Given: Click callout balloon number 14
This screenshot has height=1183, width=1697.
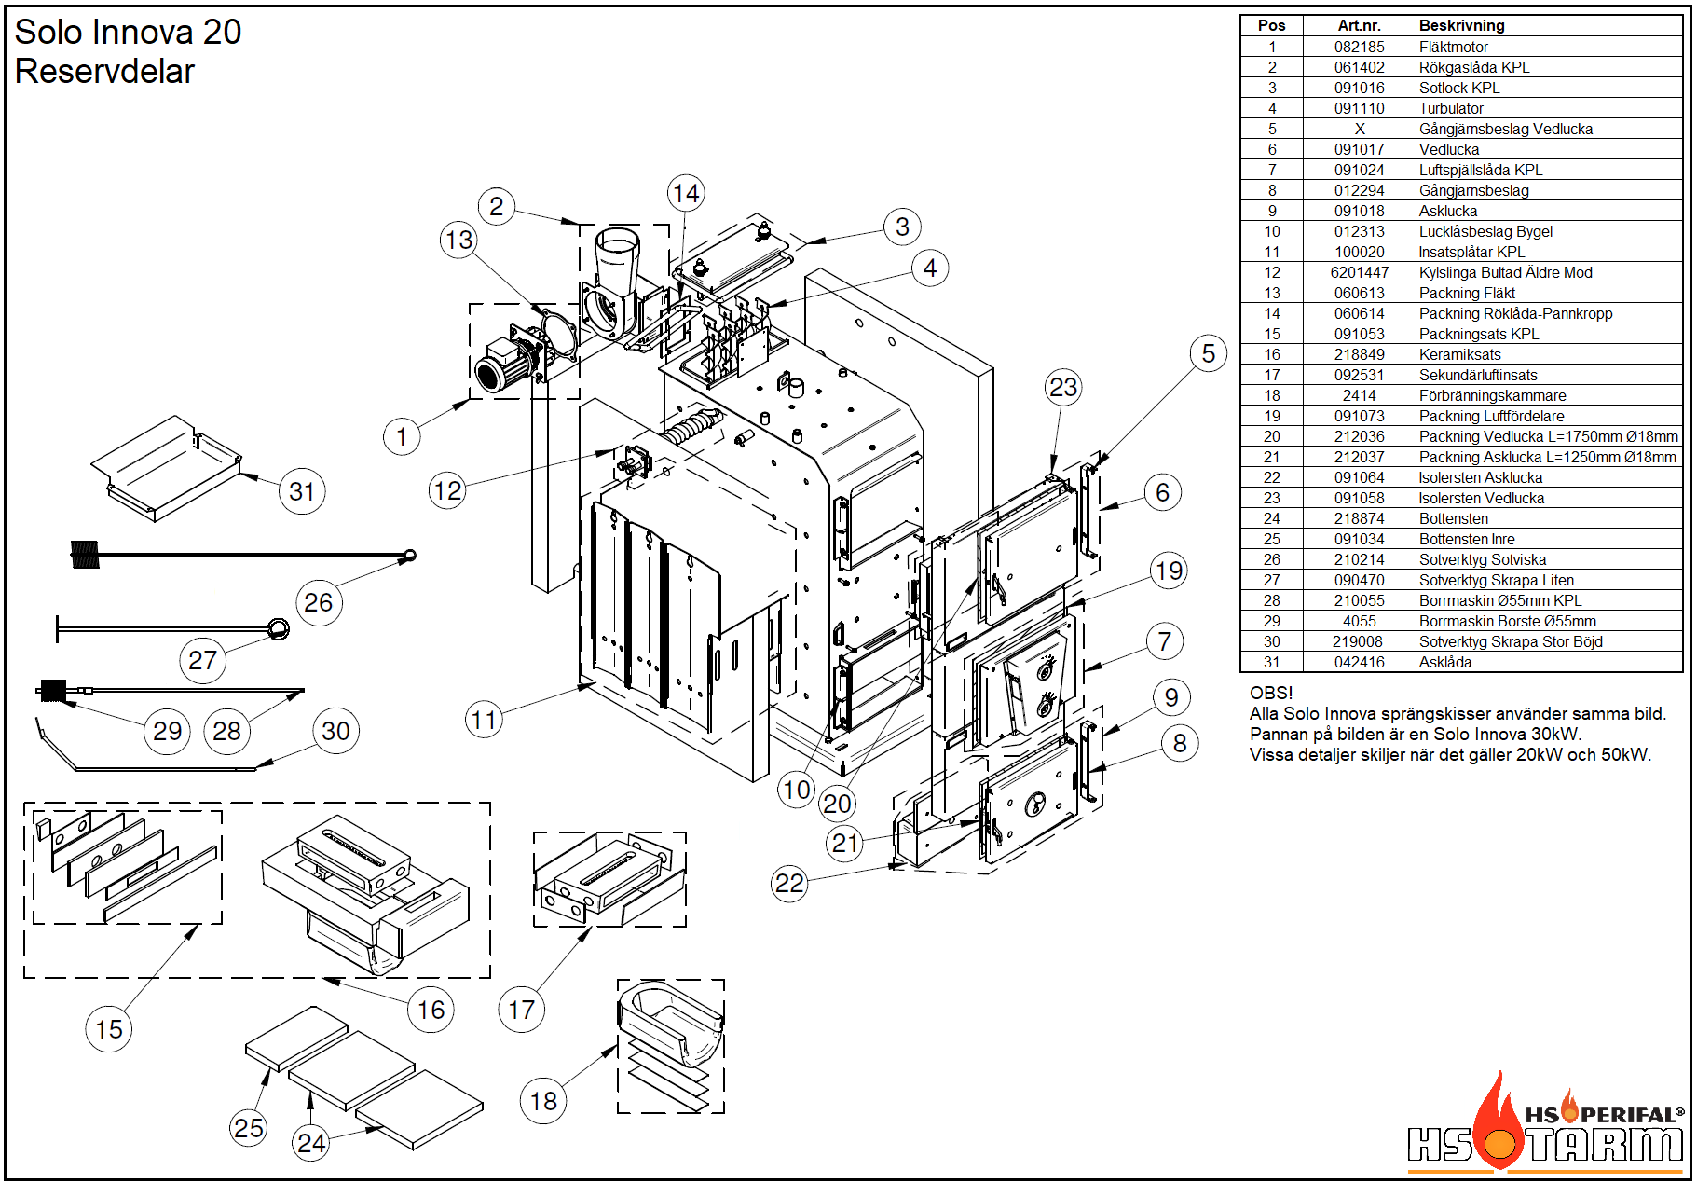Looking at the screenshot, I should click(686, 194).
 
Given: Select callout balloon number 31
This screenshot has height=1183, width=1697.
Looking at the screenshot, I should click(302, 491).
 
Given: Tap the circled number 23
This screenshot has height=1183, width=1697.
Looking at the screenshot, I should click(1063, 387).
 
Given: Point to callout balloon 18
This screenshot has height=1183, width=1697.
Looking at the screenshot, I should click(543, 1101).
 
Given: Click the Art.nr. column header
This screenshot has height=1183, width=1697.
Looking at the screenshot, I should click(1359, 26).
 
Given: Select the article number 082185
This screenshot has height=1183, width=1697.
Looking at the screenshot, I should click(1359, 47).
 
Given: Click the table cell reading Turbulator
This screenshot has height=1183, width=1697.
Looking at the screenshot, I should click(1451, 108).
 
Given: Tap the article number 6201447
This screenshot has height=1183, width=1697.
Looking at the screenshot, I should click(1359, 272).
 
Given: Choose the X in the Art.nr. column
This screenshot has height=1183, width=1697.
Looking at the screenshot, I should click(1360, 129).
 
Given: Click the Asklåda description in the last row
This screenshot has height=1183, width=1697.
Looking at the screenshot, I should click(1445, 662).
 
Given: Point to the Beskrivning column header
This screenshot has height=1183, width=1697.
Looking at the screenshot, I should click(1461, 26).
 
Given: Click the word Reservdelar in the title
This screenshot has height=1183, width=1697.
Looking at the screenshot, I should click(104, 72).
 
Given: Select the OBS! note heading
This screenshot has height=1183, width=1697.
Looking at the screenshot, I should click(1270, 693).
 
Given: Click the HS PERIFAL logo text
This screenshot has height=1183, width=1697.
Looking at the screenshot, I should click(1604, 1115).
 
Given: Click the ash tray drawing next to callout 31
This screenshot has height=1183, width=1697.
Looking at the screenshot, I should click(168, 467).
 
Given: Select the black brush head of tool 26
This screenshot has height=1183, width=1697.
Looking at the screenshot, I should click(85, 555).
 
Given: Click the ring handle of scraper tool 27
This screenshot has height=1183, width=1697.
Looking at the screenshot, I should click(279, 629).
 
